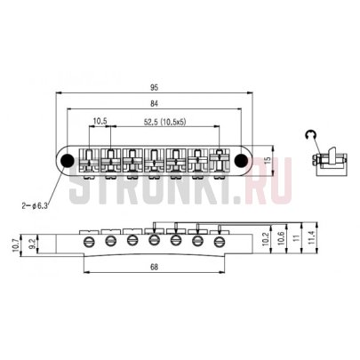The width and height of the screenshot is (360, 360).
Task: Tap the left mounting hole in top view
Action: click(67, 160)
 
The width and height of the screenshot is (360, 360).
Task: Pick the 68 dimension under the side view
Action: click(156, 268)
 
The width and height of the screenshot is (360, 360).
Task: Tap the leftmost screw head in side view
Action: click(90, 239)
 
